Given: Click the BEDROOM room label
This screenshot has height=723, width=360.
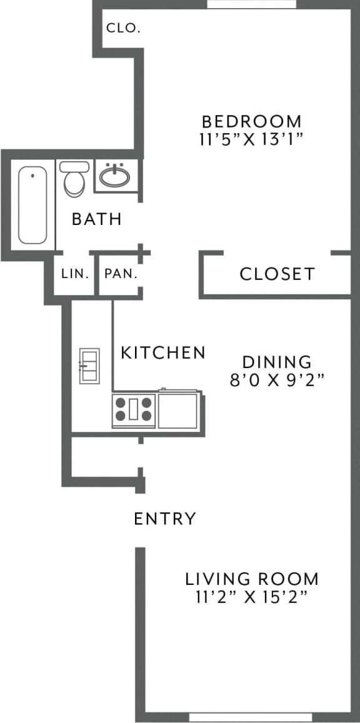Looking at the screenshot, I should tap(251, 121).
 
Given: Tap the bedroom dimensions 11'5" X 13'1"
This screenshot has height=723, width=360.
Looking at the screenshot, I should tap(251, 139).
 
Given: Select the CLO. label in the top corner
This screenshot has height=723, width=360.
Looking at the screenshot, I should tap(123, 27).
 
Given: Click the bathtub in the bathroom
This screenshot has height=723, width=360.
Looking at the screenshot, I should tap(32, 205).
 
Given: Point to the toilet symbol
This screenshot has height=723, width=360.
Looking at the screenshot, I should tap(74, 178).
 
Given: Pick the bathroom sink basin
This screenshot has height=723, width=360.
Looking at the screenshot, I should tap(115, 176).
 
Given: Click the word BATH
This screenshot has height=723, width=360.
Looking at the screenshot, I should tap(96, 219).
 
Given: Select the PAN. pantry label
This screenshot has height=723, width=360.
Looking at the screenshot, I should tap(121, 274).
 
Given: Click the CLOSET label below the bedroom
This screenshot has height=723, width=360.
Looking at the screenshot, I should tap(277, 274).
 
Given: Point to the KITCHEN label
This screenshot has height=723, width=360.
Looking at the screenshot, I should tap(162, 352).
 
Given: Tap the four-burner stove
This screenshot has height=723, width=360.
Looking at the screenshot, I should tap(134, 411).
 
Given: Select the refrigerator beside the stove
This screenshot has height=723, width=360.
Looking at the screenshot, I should tap(178, 409).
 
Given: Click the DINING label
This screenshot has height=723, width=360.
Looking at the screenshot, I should tap(277, 362).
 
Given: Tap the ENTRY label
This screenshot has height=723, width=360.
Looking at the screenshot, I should tap(165, 519).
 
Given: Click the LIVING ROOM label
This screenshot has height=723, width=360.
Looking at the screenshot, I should tap(251, 579).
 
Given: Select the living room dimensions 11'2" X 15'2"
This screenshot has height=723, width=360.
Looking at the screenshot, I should tap(251, 597).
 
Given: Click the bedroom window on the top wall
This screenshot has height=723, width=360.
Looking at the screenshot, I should tap(251, 4).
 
